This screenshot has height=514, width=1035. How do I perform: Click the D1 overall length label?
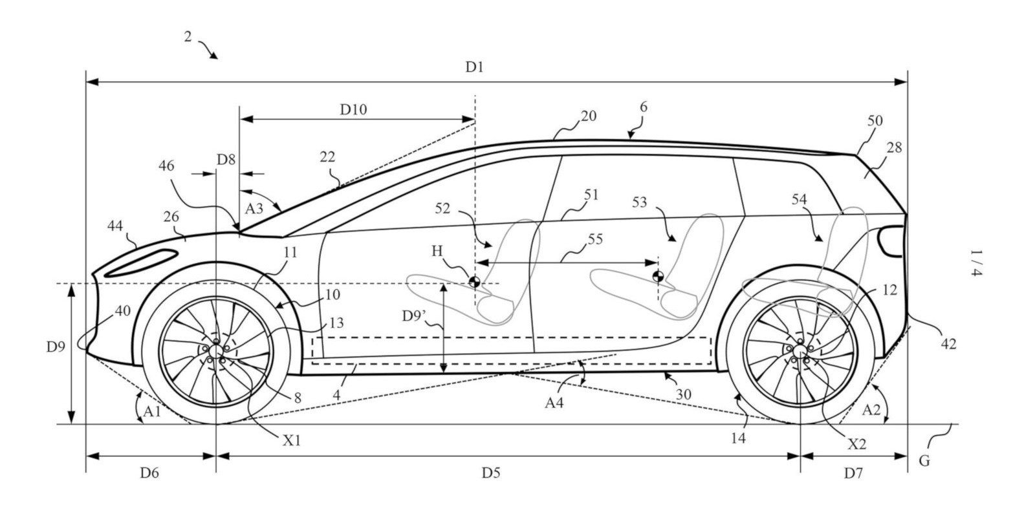(475, 67)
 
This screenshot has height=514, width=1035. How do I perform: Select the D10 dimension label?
(354, 109)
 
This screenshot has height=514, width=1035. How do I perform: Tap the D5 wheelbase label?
(491, 473)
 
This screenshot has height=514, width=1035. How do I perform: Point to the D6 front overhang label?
(149, 473)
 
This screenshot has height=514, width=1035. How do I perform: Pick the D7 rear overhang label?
(853, 473)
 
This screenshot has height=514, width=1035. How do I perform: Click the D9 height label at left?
(55, 347)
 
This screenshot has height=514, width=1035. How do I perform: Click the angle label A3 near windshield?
(254, 208)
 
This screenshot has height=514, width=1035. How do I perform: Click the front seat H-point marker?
(474, 281)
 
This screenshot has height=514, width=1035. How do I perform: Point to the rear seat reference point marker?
(658, 277)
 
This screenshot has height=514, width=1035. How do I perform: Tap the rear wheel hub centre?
(800, 350)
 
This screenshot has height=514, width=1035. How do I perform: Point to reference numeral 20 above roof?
(588, 116)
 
